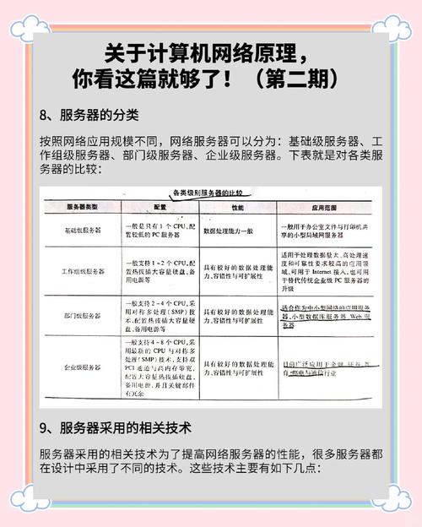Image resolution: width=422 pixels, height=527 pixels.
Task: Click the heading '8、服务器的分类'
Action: click(89, 114)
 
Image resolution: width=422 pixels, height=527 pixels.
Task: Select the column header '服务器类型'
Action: click(82, 206)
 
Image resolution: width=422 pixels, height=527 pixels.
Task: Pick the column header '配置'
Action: click(160, 206)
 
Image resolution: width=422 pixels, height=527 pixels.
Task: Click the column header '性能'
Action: click(237, 206)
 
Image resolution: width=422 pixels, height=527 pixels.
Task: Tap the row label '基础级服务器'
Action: click(82, 230)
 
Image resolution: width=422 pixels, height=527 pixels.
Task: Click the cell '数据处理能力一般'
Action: click(237, 230)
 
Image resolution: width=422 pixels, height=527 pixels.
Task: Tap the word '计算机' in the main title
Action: click(178, 52)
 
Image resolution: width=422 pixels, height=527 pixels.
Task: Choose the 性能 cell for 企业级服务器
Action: click(237, 367)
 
